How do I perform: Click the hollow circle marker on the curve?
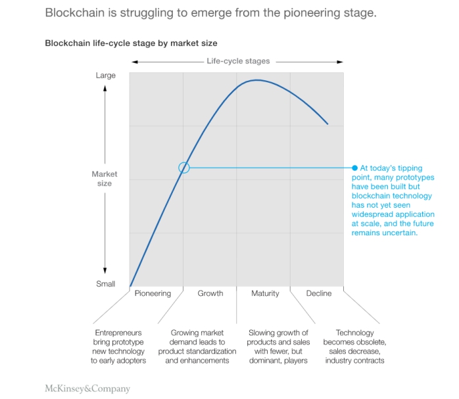pyautogui.click(x=184, y=168)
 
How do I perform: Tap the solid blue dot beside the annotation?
pyautogui.click(x=355, y=168)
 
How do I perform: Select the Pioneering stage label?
pyautogui.click(x=153, y=293)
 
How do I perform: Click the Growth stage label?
pyautogui.click(x=210, y=293)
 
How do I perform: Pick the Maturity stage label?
pyautogui.click(x=265, y=293)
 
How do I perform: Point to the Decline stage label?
pyautogui.click(x=319, y=293)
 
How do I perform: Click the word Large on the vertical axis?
pyautogui.click(x=105, y=76)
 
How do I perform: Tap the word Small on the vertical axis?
pyautogui.click(x=105, y=285)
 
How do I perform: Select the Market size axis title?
pyautogui.click(x=105, y=179)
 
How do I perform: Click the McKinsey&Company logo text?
pyautogui.click(x=87, y=388)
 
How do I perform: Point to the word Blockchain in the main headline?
pyautogui.click(x=76, y=13)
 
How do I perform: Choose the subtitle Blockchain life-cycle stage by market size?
pyautogui.click(x=131, y=43)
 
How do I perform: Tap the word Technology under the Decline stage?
pyautogui.click(x=354, y=333)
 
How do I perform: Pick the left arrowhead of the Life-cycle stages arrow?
pyautogui.click(x=134, y=61)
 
